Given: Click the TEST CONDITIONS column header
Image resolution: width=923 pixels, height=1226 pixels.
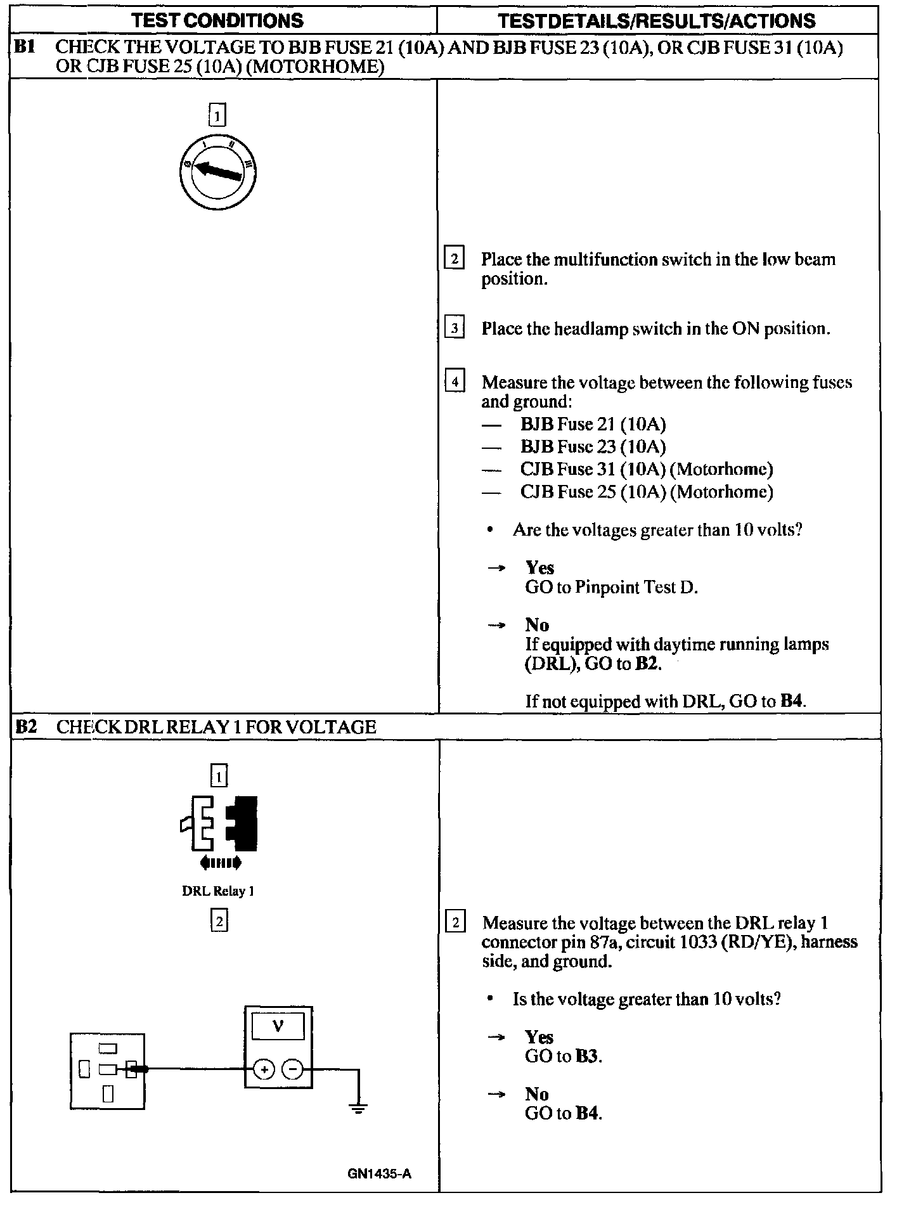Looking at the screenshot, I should tap(217, 21).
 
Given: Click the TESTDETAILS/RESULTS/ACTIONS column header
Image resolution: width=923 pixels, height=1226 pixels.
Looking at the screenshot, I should tap(657, 21).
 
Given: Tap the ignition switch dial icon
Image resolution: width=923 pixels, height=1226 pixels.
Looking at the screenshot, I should tap(217, 172).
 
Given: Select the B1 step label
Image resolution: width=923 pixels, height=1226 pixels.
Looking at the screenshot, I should tap(24, 47).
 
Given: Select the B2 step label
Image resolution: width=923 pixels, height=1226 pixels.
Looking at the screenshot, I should tap(25, 726).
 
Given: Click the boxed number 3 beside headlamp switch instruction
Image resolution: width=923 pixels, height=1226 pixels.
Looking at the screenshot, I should tap(455, 328).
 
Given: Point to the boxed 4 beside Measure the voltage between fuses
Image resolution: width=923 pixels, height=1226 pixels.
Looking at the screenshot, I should tap(455, 382).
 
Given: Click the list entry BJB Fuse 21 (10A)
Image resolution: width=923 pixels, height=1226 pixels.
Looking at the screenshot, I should tap(593, 424).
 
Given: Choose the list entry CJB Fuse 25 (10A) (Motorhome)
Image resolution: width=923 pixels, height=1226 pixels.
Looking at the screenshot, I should tap(646, 492).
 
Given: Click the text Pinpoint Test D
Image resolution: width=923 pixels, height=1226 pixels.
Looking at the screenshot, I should tap(636, 588).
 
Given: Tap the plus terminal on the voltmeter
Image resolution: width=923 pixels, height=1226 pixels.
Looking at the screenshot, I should tap(264, 1071).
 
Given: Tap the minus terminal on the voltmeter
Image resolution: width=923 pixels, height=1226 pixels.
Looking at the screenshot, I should tap(292, 1071).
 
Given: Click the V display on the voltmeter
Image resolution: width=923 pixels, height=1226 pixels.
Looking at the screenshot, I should tap(278, 1026).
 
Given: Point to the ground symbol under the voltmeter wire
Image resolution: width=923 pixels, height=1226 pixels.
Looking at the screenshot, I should tap(358, 1109).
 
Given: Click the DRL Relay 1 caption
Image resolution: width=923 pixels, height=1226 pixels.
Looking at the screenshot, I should tap(217, 891).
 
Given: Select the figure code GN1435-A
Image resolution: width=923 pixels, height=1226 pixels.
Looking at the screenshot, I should tap(379, 1174).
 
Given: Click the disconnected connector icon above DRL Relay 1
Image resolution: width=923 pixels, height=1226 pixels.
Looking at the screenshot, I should tap(219, 824).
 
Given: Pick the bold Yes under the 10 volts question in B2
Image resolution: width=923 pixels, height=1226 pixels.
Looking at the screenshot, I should tap(539, 1037).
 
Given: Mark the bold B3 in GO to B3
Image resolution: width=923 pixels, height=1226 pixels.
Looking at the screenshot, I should tap(587, 1057).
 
